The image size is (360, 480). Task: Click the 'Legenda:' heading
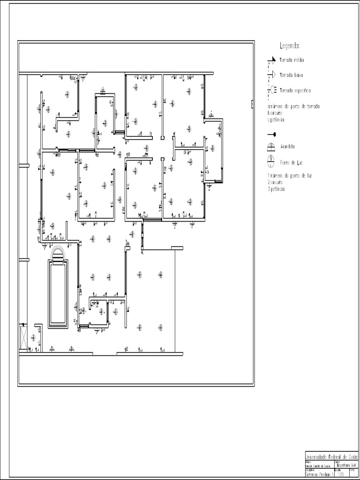coord(289,46)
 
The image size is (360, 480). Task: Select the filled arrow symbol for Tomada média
coord(271,60)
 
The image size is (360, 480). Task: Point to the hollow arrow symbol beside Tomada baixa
coord(271,75)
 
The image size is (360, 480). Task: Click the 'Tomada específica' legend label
coord(295,90)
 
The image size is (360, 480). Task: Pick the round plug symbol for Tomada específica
coord(271,90)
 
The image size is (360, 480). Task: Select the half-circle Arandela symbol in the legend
coord(270,147)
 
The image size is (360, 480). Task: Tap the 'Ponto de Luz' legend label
coord(291,162)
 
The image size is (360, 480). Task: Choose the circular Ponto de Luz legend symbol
coord(270,162)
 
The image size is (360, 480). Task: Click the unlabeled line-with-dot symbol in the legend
coord(271,134)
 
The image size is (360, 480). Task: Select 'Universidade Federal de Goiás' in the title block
coord(331,457)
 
